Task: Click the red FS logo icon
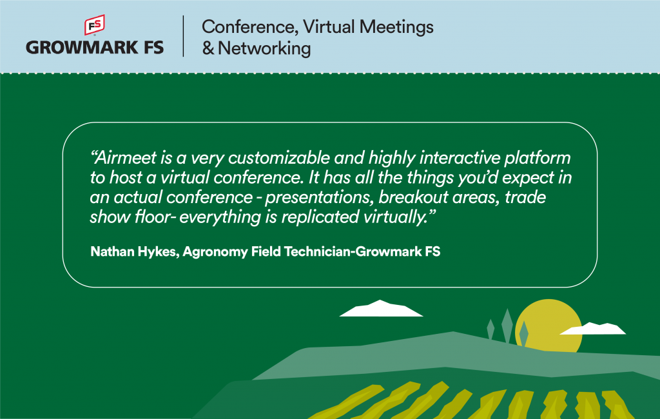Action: (95, 25)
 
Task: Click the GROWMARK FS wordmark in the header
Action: (95, 48)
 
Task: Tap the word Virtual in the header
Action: (329, 27)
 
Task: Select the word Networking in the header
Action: (264, 48)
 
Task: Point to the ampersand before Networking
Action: (208, 48)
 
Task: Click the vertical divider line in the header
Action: (184, 36)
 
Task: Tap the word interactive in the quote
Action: (460, 157)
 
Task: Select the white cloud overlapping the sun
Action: (593, 329)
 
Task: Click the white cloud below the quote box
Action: (381, 308)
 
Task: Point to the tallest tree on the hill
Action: (507, 326)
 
